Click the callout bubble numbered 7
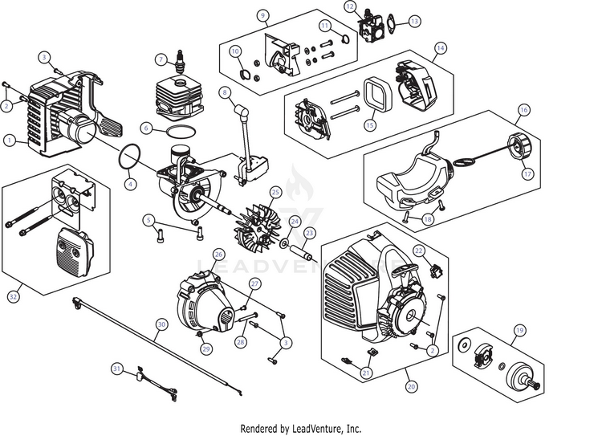click(161, 59)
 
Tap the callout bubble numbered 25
click(275, 192)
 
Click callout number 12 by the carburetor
click(350, 6)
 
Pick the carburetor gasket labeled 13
click(391, 22)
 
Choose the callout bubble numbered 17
click(528, 174)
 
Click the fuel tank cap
click(516, 145)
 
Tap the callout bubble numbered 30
click(161, 324)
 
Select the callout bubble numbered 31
click(116, 369)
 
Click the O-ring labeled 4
click(129, 157)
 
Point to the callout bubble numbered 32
click(14, 296)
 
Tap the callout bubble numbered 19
click(519, 330)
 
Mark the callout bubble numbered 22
click(418, 251)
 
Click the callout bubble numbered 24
click(295, 222)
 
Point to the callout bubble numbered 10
click(235, 51)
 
